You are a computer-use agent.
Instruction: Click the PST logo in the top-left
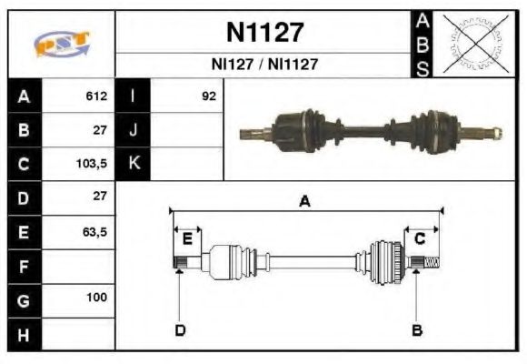(x=61, y=44)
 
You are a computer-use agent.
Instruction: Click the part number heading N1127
(x=264, y=34)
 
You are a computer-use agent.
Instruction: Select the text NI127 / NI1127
(x=264, y=66)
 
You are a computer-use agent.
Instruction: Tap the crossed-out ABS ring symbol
(x=473, y=44)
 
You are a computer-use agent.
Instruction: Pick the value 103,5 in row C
(x=93, y=163)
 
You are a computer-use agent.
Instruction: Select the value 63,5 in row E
(x=94, y=231)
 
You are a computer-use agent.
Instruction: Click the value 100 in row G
(x=96, y=298)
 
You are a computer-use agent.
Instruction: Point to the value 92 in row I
(x=208, y=96)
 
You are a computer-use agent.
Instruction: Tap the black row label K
(x=134, y=163)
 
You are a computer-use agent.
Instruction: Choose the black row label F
(x=25, y=265)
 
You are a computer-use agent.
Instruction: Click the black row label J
(x=134, y=129)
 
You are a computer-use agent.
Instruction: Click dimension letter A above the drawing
(x=305, y=202)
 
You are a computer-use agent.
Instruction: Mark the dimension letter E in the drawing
(x=187, y=239)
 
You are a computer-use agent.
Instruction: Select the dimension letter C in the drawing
(x=420, y=238)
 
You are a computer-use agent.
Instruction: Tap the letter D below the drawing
(x=179, y=329)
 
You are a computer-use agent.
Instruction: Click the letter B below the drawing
(x=416, y=329)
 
